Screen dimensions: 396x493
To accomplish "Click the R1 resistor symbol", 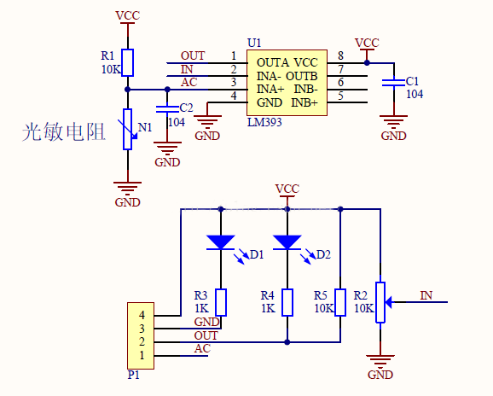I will tap(127, 63).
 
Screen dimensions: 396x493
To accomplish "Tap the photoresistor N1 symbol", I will tap(127, 129).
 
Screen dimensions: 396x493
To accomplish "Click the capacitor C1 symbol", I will tap(393, 83).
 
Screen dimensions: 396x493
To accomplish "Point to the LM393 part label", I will tap(264, 123).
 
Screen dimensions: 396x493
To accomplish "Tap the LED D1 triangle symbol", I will tap(221, 242).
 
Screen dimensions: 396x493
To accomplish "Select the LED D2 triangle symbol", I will tap(287, 242).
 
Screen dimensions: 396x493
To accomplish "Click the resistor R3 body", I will tap(221, 302).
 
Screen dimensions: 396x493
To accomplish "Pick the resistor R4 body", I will tap(287, 302).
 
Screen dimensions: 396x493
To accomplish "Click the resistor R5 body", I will tap(340, 302).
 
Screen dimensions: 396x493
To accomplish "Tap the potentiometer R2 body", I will tap(380, 302).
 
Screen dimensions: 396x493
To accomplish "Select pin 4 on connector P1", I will tap(142, 316).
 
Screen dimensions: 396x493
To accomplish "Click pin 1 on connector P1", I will tap(142, 355).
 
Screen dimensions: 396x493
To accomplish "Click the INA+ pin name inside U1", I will tap(270, 89).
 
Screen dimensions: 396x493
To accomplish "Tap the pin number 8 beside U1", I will tap(340, 56).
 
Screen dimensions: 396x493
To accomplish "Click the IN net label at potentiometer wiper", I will tap(426, 295).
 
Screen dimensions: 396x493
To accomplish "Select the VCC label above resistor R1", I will tap(127, 15).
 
